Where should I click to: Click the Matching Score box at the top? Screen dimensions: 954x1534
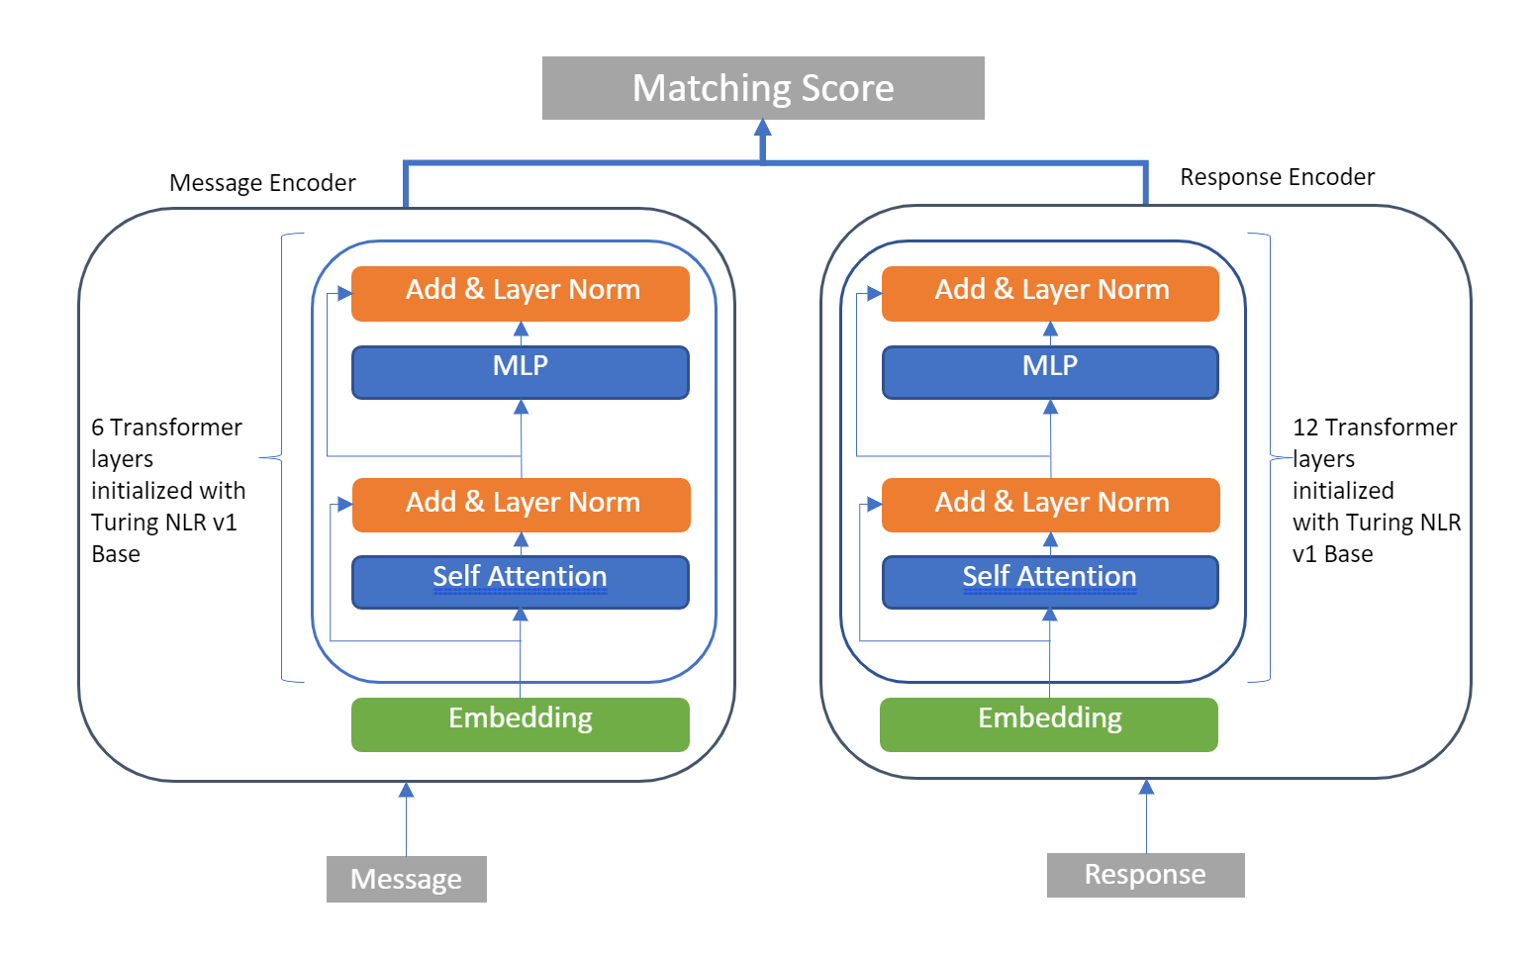click(x=763, y=88)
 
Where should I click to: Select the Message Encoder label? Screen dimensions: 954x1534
click(x=262, y=183)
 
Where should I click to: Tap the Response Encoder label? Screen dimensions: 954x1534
click(x=1277, y=177)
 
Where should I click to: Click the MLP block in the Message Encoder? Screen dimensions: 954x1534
click(x=521, y=372)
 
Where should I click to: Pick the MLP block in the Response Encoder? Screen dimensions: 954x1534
click(x=1050, y=372)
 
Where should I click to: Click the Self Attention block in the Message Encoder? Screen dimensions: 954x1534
click(x=521, y=582)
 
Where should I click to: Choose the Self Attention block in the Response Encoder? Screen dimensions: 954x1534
click(x=1050, y=582)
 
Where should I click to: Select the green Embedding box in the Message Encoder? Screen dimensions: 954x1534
click(x=521, y=723)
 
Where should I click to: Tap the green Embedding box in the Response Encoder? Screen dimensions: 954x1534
click(x=1049, y=723)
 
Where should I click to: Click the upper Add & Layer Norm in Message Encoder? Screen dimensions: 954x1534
click(x=521, y=293)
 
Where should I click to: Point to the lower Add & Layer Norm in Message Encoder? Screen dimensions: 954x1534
click(x=521, y=505)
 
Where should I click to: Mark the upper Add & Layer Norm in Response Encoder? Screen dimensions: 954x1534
click(x=1050, y=293)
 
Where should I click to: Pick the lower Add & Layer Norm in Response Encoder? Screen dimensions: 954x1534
click(x=1050, y=505)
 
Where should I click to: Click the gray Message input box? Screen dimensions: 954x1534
click(x=406, y=879)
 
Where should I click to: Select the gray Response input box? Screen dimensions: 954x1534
click(x=1145, y=875)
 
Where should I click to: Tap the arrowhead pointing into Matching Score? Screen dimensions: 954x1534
click(x=763, y=129)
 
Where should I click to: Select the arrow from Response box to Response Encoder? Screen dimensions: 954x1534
click(x=1146, y=817)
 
